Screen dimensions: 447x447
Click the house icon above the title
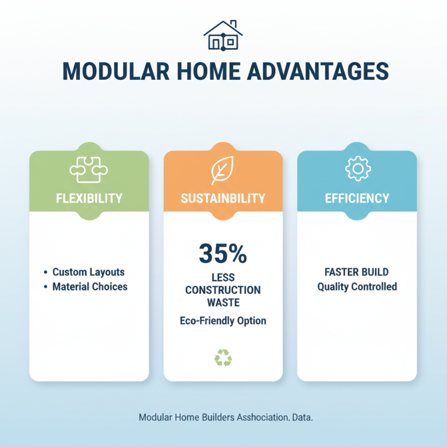pos(223,35)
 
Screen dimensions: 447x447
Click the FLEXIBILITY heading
pos(89,198)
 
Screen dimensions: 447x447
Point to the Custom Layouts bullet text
pos(88,272)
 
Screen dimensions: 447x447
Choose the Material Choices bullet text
pos(90,287)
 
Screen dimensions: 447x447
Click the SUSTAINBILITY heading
pos(223,198)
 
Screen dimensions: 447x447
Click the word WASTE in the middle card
pos(223,302)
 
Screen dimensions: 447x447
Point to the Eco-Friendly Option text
pos(223,321)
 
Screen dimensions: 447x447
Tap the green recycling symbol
pos(223,358)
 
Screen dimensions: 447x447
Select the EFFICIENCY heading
pos(357,198)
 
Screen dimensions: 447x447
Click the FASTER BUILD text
pos(357,272)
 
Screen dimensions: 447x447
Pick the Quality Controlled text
pos(357,287)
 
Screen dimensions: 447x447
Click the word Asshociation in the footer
pos(263,417)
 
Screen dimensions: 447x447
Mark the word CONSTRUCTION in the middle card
pos(223,290)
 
